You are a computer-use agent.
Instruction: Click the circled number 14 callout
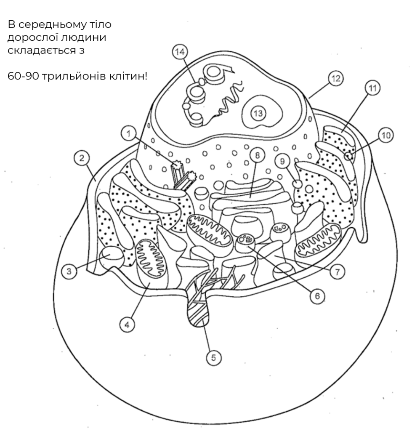[x=180, y=52]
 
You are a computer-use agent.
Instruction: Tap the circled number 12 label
[x=335, y=79]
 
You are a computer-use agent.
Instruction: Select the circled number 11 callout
[x=372, y=88]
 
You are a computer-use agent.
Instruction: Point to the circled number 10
[x=385, y=135]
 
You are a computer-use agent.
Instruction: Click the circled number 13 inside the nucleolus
[x=258, y=113]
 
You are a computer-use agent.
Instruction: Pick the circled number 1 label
[x=128, y=134]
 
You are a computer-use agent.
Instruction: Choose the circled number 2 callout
[x=82, y=158]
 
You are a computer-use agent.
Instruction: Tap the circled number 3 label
[x=69, y=271]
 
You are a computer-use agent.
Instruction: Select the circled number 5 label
[x=213, y=358]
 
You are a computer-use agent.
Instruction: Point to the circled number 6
[x=317, y=296]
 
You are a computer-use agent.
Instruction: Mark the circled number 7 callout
[x=337, y=272]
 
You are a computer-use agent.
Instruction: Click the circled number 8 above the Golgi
[x=257, y=156]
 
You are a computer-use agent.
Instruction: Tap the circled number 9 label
[x=282, y=161]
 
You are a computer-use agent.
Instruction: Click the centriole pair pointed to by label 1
[x=183, y=176]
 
